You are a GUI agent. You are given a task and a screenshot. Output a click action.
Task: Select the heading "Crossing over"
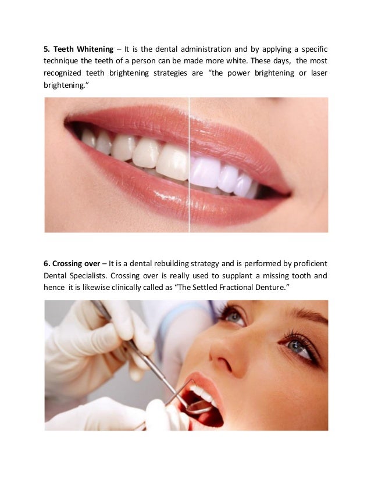(76, 262)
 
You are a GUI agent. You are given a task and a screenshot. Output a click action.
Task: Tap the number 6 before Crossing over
(47, 262)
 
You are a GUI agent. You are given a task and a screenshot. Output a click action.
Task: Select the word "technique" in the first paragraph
(64, 60)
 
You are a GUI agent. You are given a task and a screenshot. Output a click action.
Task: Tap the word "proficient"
(306, 262)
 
